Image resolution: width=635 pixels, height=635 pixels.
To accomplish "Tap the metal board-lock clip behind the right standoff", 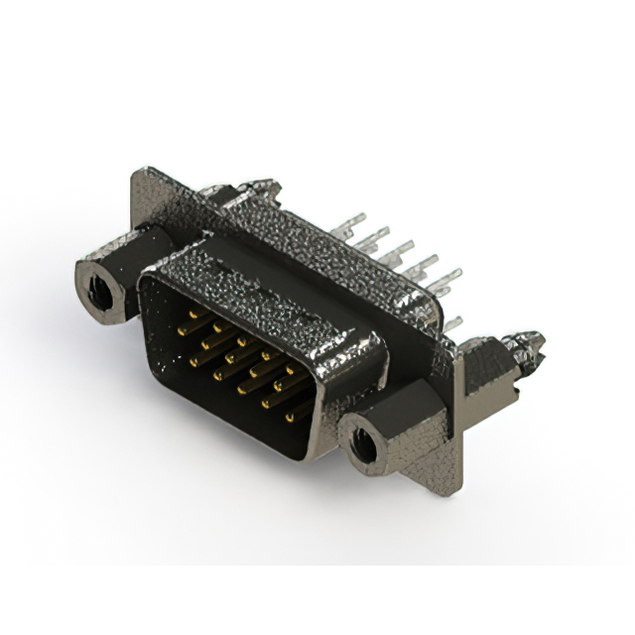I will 526,346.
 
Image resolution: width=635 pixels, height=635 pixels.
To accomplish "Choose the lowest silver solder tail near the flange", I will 452,323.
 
